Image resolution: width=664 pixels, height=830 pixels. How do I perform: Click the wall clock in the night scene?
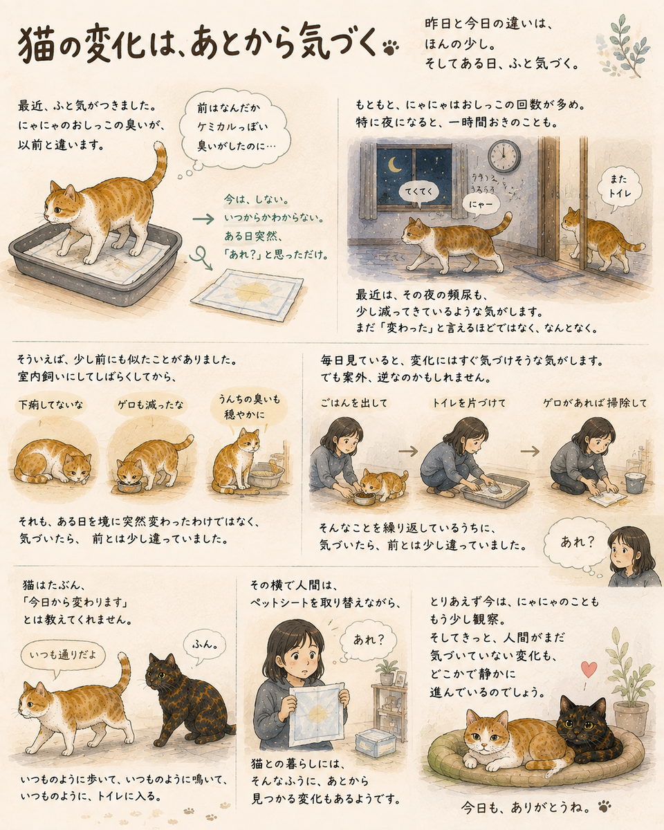click(x=504, y=156)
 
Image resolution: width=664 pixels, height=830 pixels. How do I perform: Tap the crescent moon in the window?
click(x=395, y=165)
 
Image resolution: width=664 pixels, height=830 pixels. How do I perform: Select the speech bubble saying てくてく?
click(x=418, y=192)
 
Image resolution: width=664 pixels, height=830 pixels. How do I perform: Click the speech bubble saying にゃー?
click(x=480, y=205)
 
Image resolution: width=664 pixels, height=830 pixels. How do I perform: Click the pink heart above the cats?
click(x=589, y=670)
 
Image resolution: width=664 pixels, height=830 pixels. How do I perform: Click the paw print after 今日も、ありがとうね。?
click(x=605, y=804)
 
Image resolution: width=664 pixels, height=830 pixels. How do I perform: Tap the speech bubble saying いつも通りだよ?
click(x=62, y=655)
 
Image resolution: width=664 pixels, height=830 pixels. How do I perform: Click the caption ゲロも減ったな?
click(x=151, y=405)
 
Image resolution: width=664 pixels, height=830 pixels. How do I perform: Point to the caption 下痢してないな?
click(x=51, y=405)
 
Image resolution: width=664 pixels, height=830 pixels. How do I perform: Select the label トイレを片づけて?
click(x=468, y=403)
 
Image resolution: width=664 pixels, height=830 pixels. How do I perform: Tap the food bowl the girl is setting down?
click(x=365, y=498)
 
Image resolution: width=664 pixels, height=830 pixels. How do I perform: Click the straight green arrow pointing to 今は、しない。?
click(x=203, y=219)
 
